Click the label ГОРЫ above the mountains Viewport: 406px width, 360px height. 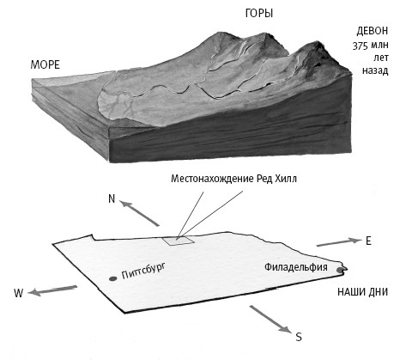pyautogui.click(x=259, y=14)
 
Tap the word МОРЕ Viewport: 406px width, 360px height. pyautogui.click(x=45, y=65)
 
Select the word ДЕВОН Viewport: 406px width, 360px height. pyautogui.click(x=373, y=31)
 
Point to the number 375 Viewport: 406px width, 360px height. pyautogui.click(x=360, y=46)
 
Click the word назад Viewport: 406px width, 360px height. pyautogui.click(x=375, y=70)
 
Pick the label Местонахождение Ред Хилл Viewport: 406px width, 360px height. pyautogui.click(x=233, y=179)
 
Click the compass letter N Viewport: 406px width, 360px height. pyautogui.click(x=112, y=198)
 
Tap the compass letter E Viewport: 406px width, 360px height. pyautogui.click(x=368, y=241)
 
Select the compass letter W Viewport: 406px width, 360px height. pyautogui.click(x=19, y=293)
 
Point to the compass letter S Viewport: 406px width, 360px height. pyautogui.click(x=299, y=337)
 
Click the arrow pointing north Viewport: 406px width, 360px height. pyautogui.click(x=139, y=213)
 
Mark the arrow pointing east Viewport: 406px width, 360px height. pyautogui.click(x=339, y=242)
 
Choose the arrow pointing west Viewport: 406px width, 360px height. pyautogui.click(x=52, y=290)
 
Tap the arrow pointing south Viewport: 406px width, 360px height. pyautogui.click(x=271, y=320)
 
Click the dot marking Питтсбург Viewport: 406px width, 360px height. pyautogui.click(x=112, y=278)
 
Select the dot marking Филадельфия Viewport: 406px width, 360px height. pyautogui.click(x=340, y=270)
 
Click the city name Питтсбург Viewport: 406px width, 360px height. pyautogui.click(x=143, y=271)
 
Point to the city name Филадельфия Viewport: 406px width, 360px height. pyautogui.click(x=296, y=267)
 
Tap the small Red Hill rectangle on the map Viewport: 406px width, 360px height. pyautogui.click(x=179, y=241)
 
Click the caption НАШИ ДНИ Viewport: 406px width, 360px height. pyautogui.click(x=363, y=292)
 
